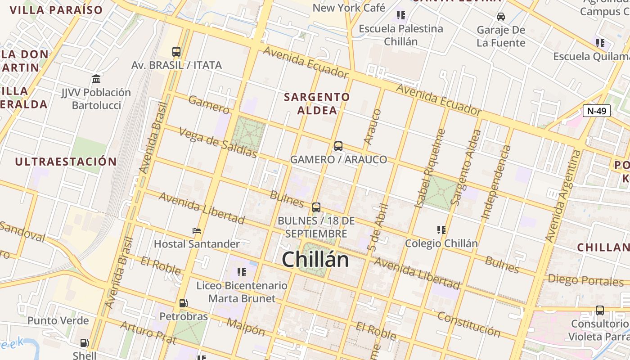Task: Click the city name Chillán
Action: coord(315,260)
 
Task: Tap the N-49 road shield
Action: coord(596,111)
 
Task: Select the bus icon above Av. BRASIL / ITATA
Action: coord(176,51)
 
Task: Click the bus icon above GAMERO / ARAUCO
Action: coord(338,146)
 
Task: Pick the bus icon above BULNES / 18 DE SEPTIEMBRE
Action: coord(316,207)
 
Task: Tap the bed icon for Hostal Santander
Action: coord(197,231)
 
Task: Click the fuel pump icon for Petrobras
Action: coord(183,303)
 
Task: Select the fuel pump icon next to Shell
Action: coord(84,343)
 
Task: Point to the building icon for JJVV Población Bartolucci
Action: coord(96,79)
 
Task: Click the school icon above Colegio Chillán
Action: coord(441,230)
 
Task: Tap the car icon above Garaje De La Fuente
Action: coord(500,17)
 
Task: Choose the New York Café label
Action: coord(349,8)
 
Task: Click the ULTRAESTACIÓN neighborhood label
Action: coord(66,162)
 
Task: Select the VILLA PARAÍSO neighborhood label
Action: coord(56,10)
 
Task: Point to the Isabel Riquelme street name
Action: coord(430,169)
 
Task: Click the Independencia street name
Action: coord(496,182)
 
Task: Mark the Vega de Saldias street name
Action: coord(218,143)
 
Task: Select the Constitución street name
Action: coord(469,324)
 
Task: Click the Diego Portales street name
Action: coord(585,280)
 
